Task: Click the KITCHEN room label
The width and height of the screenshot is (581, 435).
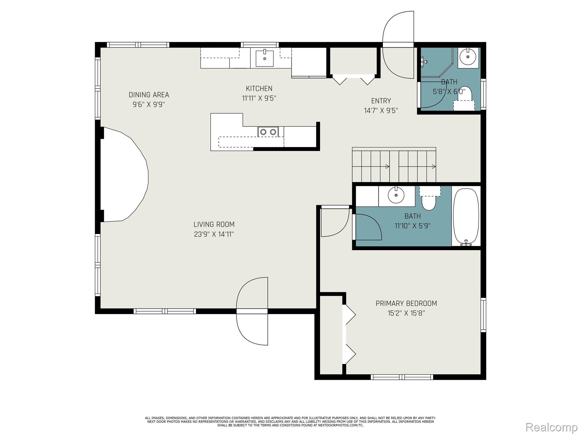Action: pos(259,88)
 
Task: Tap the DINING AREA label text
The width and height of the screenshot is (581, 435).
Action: pos(149,95)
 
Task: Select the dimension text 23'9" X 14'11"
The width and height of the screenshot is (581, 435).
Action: pos(214,234)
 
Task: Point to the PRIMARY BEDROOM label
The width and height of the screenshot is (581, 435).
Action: pos(406,303)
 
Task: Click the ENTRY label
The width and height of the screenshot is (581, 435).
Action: pos(381,101)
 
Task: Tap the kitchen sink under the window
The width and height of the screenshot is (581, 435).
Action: pos(264,58)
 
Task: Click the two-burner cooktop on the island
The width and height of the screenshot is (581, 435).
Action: pos(268,132)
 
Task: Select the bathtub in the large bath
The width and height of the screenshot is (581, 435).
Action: pos(466,216)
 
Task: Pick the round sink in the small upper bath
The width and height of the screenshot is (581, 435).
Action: pos(468,57)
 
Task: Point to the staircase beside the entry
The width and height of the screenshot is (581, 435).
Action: pos(394,166)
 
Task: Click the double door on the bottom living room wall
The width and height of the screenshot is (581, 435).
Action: pos(252,311)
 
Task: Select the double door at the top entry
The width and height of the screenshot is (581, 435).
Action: pos(398,45)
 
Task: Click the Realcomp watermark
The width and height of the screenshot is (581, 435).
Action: pos(551,427)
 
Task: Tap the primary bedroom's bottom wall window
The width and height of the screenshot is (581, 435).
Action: pos(402,377)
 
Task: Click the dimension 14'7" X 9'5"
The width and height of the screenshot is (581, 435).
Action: pos(381,110)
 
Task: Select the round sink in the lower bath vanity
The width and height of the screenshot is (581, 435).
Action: pos(396,195)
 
